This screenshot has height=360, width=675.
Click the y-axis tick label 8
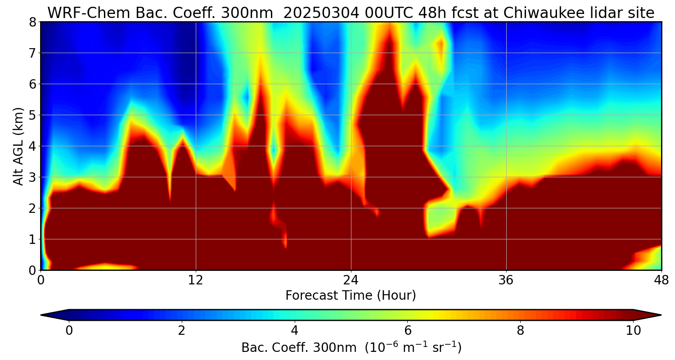[x=32, y=22]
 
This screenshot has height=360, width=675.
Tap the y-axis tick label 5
[x=32, y=115]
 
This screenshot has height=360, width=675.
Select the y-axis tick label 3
[x=32, y=177]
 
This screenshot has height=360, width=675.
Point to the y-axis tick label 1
[x=32, y=239]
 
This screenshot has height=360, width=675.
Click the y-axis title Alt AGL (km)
[x=18, y=146]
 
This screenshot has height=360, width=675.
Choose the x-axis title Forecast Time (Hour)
[x=351, y=296]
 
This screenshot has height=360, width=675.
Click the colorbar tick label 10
[x=633, y=331]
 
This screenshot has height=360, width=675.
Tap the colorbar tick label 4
[x=295, y=331]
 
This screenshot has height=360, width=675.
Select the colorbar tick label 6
[x=408, y=331]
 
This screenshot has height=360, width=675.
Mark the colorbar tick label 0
[x=69, y=331]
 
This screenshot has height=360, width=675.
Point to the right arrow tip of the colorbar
[x=660, y=315]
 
